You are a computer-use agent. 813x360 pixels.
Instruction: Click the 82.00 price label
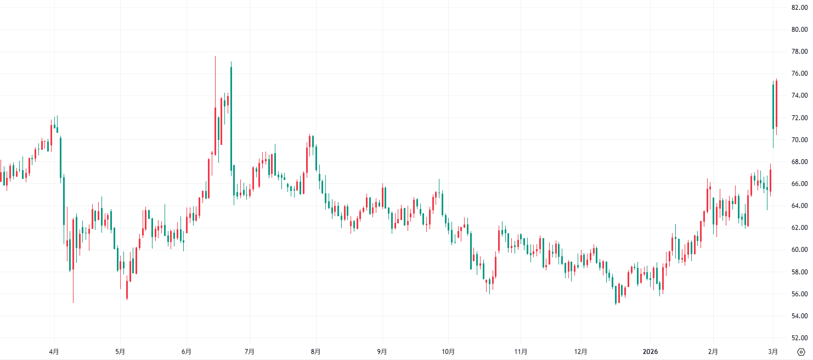tap(798, 8)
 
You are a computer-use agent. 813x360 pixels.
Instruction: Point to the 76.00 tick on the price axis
tap(798, 74)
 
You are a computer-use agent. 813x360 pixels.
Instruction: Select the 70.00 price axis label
tap(798, 140)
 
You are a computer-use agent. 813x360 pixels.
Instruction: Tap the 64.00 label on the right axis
tap(798, 206)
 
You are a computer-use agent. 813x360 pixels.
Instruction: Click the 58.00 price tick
tap(798, 272)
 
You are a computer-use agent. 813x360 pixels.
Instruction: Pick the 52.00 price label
tap(798, 338)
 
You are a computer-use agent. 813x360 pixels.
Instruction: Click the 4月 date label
tap(54, 351)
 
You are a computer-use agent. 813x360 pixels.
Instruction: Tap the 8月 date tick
tap(315, 351)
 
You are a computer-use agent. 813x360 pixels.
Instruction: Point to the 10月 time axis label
tap(448, 351)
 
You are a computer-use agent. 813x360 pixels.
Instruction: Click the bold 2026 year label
tap(650, 351)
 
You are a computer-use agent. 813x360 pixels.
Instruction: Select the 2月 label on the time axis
tap(713, 351)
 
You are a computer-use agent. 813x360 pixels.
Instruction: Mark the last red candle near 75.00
tap(776, 104)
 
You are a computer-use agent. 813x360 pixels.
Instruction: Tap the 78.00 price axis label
tap(798, 52)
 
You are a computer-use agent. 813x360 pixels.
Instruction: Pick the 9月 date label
tap(382, 351)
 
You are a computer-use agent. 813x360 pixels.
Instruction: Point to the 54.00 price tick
tap(798, 316)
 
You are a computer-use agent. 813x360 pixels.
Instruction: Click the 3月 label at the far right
tap(773, 351)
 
